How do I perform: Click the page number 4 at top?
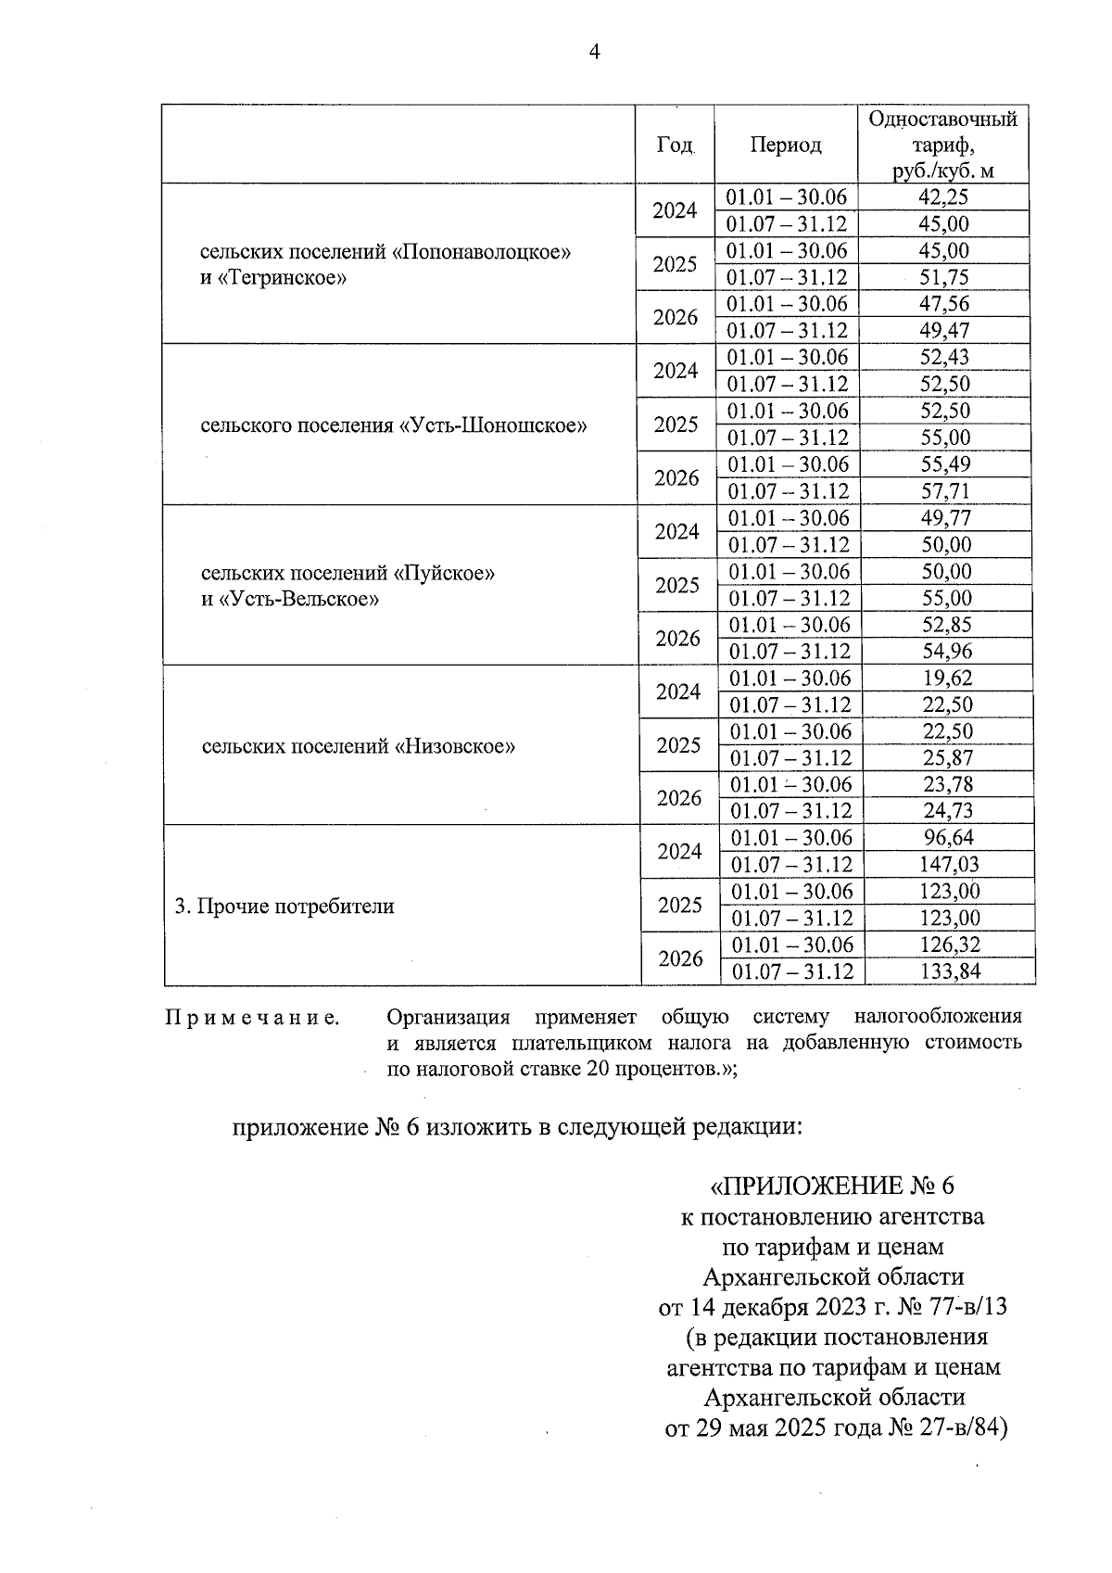click(595, 53)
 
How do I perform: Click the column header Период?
click(786, 146)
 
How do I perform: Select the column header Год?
click(675, 146)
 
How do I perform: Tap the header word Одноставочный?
click(943, 120)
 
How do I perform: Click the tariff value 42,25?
click(943, 197)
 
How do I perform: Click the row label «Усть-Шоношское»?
click(493, 426)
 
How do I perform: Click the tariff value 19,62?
click(947, 679)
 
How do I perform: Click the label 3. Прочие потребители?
click(284, 907)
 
